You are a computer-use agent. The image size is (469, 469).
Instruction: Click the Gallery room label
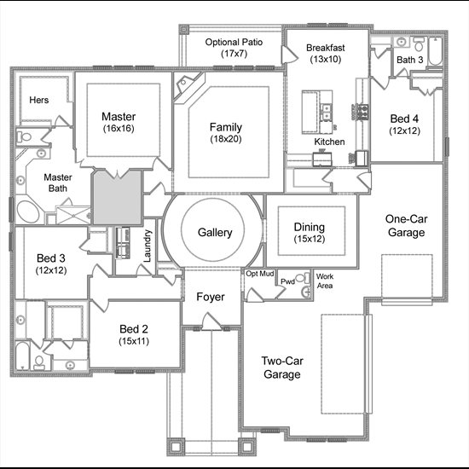tap(215, 233)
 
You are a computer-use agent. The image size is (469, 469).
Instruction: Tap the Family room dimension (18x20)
tap(226, 139)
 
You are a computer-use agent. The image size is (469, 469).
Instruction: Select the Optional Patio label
tap(234, 42)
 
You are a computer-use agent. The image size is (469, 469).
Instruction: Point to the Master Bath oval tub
tap(28, 211)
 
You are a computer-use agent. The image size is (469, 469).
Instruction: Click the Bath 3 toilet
tap(420, 44)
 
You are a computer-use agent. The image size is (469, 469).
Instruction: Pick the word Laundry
tap(148, 246)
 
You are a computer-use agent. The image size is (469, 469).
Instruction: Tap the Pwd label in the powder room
tap(287, 281)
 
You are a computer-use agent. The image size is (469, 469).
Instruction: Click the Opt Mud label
tap(259, 274)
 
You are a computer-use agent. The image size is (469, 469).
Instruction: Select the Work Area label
tap(325, 281)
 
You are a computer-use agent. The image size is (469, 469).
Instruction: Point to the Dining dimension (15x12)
tap(310, 239)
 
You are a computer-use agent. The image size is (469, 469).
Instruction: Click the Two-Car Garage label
tap(282, 368)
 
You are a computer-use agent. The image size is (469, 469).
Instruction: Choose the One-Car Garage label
tap(406, 225)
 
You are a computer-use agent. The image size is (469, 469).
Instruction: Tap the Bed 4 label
tap(404, 119)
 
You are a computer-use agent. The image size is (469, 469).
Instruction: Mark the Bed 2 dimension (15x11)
tap(134, 341)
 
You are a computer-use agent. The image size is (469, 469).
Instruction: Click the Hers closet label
tap(39, 100)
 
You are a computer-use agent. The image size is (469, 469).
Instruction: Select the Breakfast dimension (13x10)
tap(326, 59)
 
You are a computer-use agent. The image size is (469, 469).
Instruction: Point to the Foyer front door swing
tap(211, 321)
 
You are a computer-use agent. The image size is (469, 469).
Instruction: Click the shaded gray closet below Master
tap(118, 198)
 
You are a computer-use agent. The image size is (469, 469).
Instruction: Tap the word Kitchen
tap(329, 142)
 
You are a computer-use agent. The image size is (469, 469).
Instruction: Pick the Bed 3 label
tap(51, 258)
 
